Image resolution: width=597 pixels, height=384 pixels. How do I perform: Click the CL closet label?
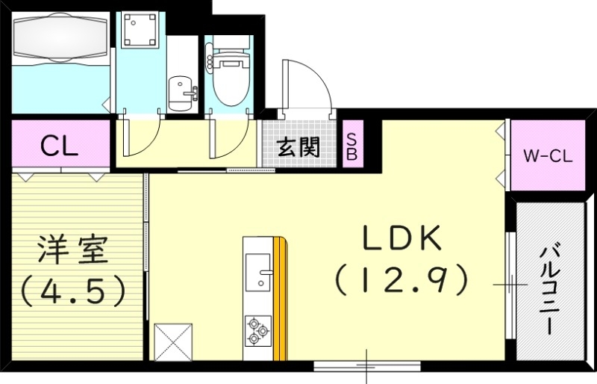pyautogui.click(x=59, y=146)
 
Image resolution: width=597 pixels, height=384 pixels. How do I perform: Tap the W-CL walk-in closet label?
pyautogui.click(x=546, y=157)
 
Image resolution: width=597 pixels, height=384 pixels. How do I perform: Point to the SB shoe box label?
pyautogui.click(x=351, y=146)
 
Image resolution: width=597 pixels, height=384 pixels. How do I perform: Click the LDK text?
pyautogui.click(x=404, y=238)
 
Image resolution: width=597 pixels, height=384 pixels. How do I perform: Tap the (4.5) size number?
pyautogui.click(x=72, y=291)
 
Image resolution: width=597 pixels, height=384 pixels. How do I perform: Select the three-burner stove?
pyautogui.click(x=257, y=331)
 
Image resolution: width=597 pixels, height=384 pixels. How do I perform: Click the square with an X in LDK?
pyautogui.click(x=173, y=342)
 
